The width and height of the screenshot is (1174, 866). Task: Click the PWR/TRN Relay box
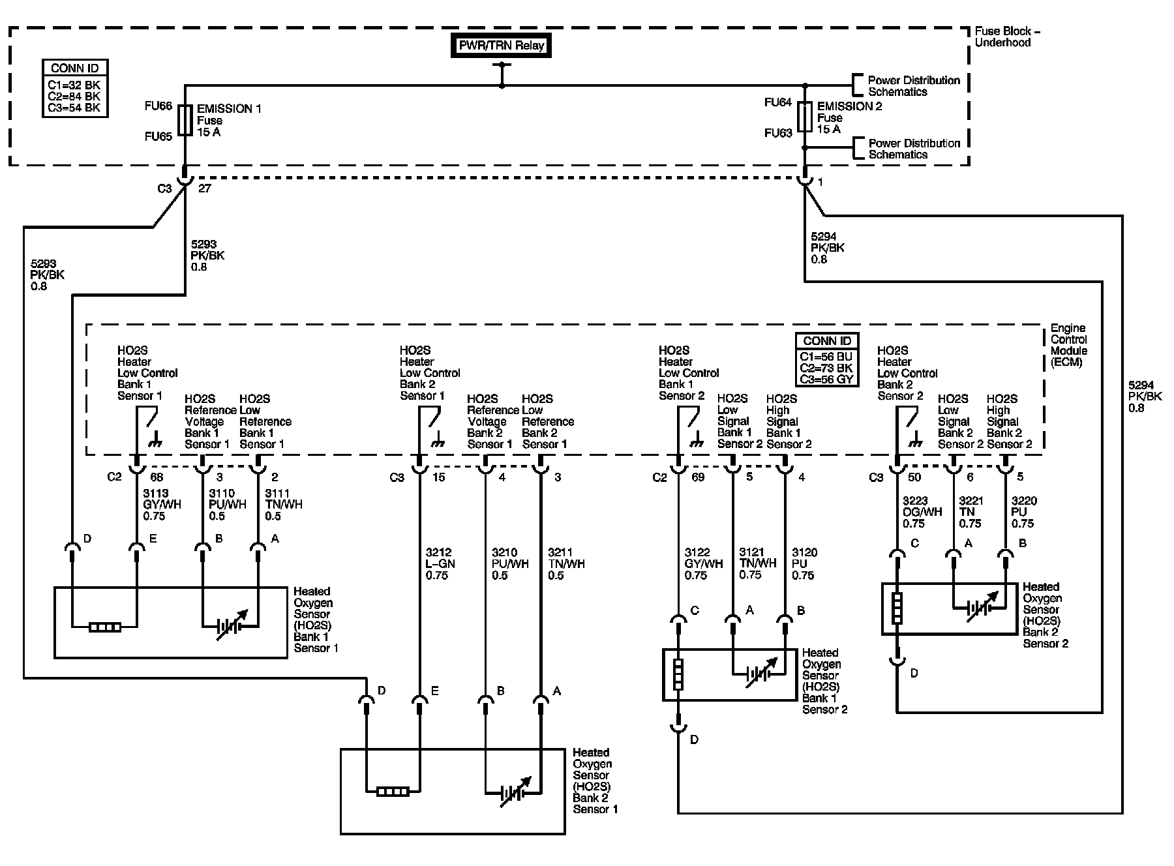(x=501, y=46)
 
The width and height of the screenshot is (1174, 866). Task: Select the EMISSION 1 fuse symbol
(x=185, y=121)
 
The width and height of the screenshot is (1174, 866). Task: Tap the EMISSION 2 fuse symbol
(x=805, y=117)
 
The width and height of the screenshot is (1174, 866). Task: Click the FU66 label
(x=158, y=106)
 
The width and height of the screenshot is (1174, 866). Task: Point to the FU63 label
(x=778, y=133)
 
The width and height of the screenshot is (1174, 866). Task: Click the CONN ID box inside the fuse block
(x=75, y=89)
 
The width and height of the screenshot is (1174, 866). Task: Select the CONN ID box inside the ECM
(x=827, y=359)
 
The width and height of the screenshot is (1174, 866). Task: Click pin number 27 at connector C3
(x=204, y=188)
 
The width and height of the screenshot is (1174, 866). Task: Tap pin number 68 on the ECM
(x=157, y=477)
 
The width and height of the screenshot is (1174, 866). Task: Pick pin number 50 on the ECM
(x=914, y=477)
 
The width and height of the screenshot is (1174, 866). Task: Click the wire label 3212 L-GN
(x=440, y=564)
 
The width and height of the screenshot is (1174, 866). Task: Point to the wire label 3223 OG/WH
(x=922, y=512)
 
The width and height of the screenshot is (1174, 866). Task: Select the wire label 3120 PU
(x=804, y=564)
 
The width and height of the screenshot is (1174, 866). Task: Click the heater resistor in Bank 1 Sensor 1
(x=105, y=628)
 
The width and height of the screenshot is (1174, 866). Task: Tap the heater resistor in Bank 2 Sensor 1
(x=393, y=792)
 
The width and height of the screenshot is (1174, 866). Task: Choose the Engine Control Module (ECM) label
(x=1068, y=345)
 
